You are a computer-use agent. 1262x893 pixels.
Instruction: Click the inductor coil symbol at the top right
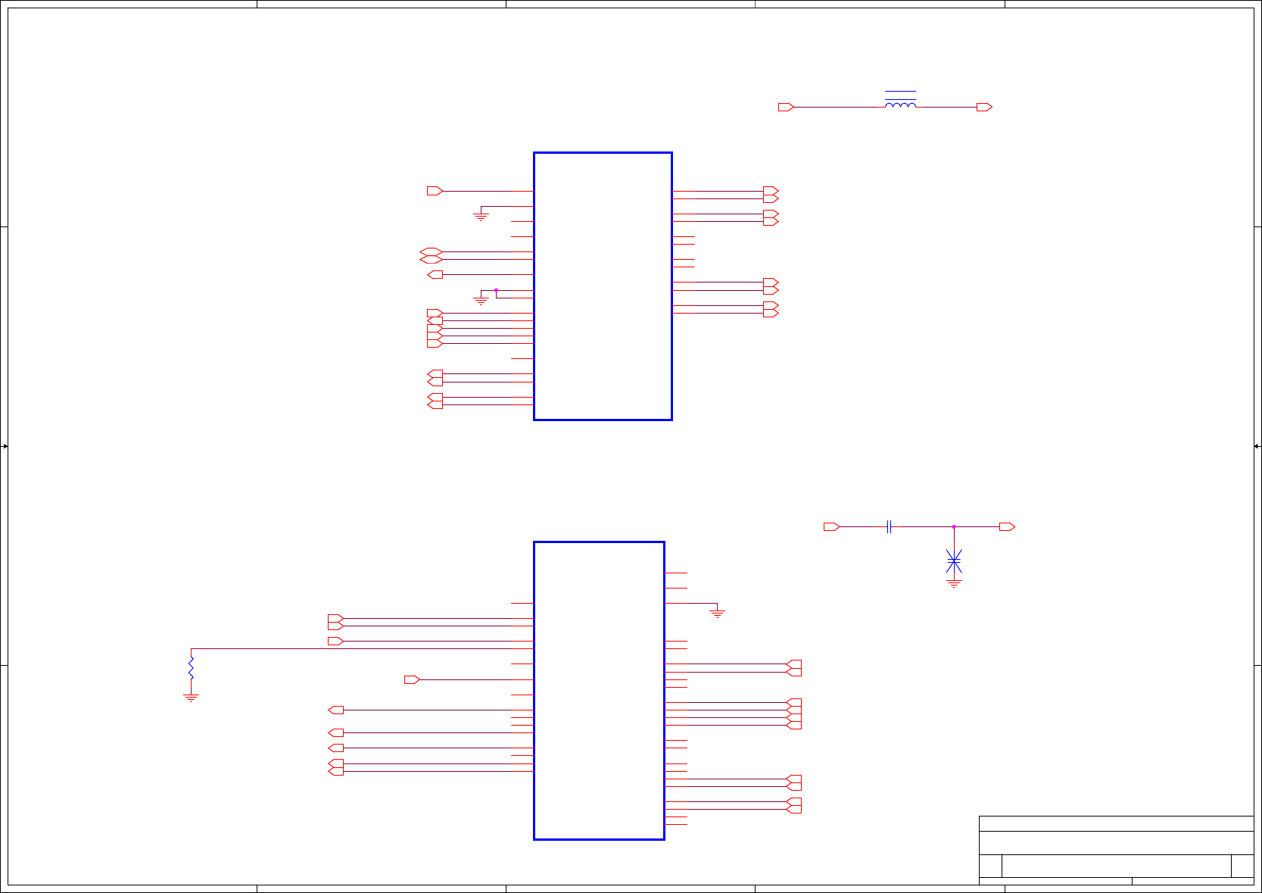900,105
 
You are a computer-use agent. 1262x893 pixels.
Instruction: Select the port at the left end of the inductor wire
786,108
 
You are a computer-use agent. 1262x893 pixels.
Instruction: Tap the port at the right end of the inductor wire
984,108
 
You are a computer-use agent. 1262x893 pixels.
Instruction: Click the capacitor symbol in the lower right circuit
890,526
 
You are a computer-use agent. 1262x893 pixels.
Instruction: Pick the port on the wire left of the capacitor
831,526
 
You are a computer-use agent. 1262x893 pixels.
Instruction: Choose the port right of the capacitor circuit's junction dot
1007,526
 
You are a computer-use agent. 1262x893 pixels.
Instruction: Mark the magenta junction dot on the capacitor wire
954,526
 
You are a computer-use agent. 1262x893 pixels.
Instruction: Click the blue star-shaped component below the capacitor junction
954,561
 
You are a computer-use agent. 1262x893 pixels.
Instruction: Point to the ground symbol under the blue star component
954,583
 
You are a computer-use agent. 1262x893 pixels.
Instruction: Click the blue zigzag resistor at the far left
191,667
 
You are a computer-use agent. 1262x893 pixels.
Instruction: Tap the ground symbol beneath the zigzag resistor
191,698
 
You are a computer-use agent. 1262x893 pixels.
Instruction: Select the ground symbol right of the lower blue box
717,614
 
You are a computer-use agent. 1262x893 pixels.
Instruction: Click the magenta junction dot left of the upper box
496,290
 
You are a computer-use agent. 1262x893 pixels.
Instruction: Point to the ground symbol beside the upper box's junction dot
481,301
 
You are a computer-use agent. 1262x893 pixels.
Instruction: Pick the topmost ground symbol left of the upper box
481,217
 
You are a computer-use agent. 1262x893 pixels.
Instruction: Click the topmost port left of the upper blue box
435,191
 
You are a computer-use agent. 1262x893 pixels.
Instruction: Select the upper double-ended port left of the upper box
431,251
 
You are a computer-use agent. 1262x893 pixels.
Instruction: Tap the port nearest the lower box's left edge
412,679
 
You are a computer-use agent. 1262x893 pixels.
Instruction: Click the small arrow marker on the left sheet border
5,446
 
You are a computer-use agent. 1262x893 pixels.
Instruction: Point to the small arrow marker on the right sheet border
1257,446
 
